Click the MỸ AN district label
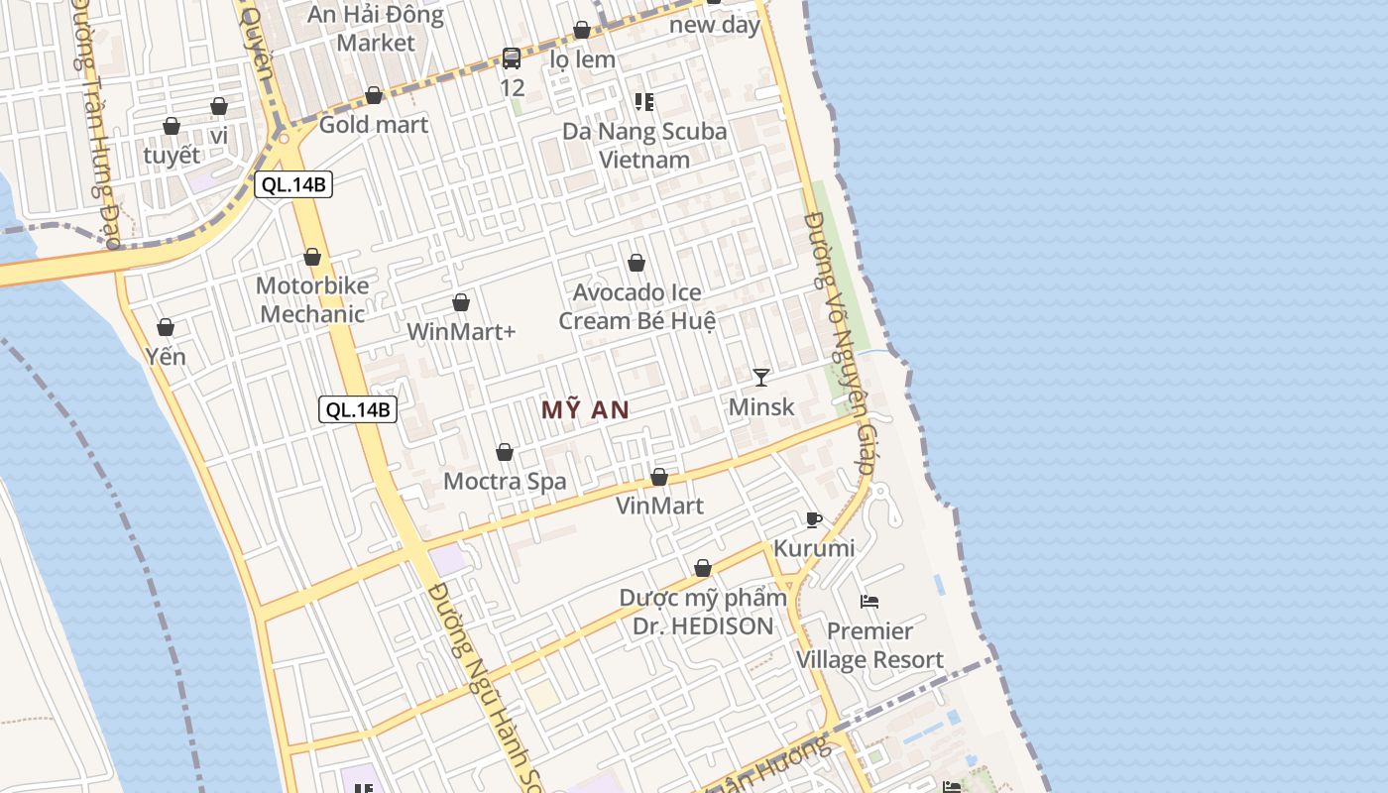tap(585, 409)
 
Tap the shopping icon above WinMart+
tap(461, 302)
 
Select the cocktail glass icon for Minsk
tap(761, 377)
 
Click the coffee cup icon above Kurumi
tap(814, 519)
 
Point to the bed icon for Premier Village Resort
tap(869, 601)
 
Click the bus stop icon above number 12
tap(512, 58)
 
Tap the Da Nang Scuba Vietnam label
tap(644, 145)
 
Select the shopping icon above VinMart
tap(659, 478)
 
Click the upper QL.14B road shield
tap(292, 184)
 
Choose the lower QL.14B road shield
tap(358, 409)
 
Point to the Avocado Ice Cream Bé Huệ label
tap(636, 306)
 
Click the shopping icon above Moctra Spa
tap(505, 453)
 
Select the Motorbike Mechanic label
tap(311, 299)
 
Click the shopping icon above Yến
tap(166, 327)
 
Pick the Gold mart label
tap(374, 125)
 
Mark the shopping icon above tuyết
tap(172, 126)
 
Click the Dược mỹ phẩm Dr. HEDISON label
tap(702, 612)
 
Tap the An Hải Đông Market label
tap(376, 29)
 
